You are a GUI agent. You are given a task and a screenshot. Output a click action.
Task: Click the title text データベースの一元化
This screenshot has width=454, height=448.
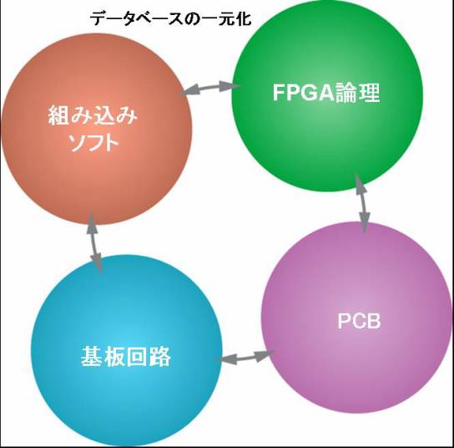click(170, 19)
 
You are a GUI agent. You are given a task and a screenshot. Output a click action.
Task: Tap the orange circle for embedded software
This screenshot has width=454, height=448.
click(97, 129)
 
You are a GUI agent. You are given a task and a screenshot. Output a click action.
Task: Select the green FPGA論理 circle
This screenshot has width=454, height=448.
click(327, 95)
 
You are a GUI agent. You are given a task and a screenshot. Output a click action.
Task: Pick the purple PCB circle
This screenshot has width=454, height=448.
click(356, 318)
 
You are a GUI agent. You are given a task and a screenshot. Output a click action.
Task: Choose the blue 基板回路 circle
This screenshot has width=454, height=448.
click(127, 350)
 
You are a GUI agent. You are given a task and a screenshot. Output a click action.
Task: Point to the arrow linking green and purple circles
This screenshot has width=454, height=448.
click(362, 204)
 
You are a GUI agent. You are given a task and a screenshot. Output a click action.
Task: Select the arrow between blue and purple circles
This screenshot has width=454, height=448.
click(246, 357)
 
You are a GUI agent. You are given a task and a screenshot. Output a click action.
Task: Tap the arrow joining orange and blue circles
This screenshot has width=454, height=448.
click(94, 244)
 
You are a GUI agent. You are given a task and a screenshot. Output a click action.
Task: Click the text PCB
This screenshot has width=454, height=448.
click(359, 321)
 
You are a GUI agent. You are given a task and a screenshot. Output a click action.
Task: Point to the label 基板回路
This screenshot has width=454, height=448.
click(126, 356)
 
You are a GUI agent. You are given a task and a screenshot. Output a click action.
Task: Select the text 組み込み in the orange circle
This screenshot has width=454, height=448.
click(93, 115)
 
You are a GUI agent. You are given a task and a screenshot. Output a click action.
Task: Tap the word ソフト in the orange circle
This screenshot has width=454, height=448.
click(94, 143)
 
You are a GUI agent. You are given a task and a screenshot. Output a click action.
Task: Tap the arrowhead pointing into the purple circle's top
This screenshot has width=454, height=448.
click(365, 223)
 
